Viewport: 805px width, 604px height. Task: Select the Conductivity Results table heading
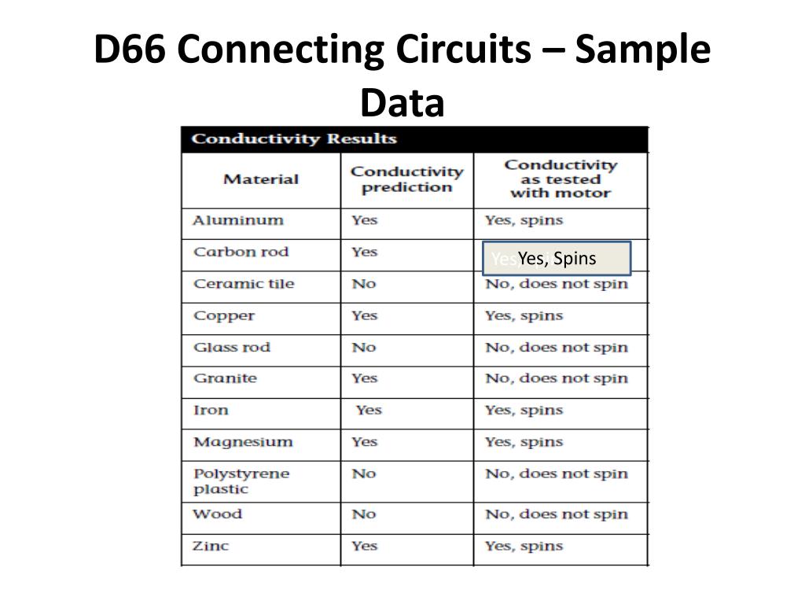[294, 139]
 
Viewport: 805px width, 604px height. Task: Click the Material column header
[261, 179]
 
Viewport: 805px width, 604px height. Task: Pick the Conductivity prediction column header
[406, 179]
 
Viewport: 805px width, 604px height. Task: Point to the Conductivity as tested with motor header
[560, 179]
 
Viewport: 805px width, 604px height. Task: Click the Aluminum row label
[238, 220]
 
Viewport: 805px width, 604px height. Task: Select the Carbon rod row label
[241, 252]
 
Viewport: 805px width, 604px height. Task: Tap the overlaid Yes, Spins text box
[557, 259]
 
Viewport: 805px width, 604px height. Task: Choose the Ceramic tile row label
[243, 284]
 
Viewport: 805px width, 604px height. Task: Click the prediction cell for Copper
[364, 315]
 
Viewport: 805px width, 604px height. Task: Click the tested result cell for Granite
[557, 378]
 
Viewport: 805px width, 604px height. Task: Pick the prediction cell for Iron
[368, 410]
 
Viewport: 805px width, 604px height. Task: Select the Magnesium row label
[243, 442]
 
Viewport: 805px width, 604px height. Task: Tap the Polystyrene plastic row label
[241, 481]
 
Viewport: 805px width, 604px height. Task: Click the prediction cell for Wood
[363, 514]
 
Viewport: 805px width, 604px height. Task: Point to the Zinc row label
[211, 546]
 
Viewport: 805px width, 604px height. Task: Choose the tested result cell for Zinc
[524, 546]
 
